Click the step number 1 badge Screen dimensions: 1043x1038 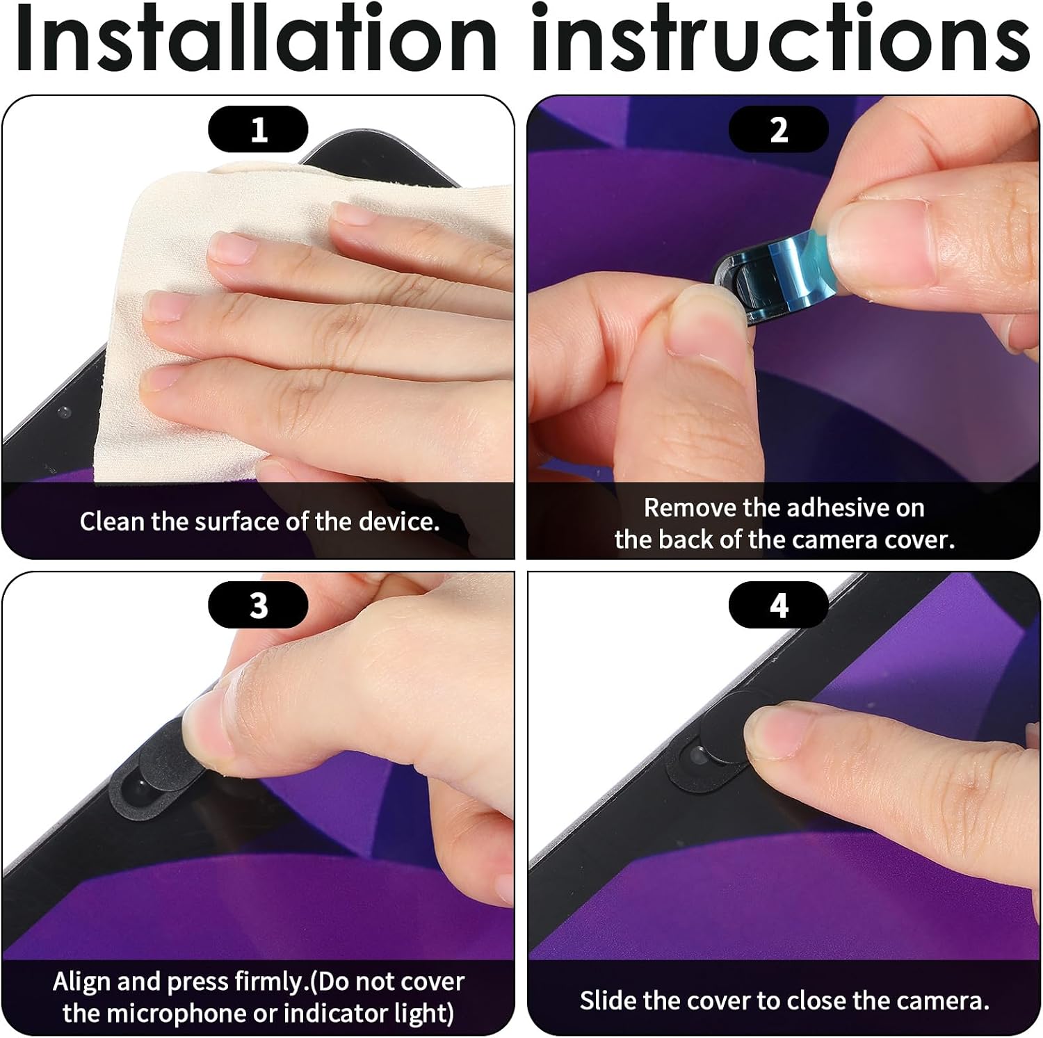(258, 129)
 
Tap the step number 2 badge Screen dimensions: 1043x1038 (779, 129)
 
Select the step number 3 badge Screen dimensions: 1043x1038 (258, 605)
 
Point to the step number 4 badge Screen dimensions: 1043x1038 (779, 605)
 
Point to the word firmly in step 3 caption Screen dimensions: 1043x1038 (270, 982)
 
